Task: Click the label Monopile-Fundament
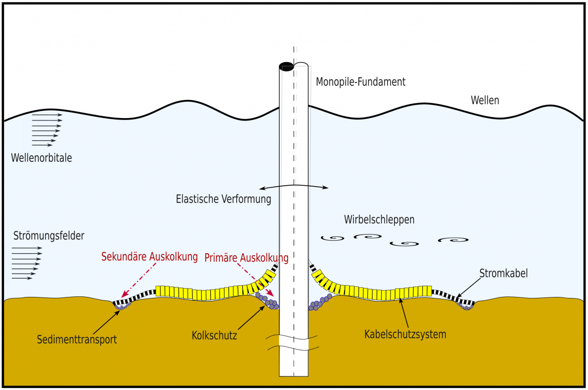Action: (x=361, y=82)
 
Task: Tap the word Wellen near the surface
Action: (x=485, y=100)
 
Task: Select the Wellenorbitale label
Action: (x=41, y=158)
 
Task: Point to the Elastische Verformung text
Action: (x=223, y=199)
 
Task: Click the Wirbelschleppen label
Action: (x=379, y=219)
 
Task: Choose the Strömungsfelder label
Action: (x=49, y=236)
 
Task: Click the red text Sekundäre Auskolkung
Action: (x=149, y=256)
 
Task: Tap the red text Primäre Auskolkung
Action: (x=246, y=257)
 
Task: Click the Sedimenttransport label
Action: (x=77, y=339)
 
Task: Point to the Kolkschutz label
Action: (x=214, y=336)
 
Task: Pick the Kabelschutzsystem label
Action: (x=405, y=335)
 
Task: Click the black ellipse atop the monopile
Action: (x=286, y=66)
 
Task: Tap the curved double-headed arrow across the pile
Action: (x=294, y=187)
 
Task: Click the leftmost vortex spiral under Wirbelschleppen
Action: (x=333, y=239)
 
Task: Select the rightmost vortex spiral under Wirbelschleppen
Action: (x=453, y=240)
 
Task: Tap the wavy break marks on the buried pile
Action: (x=294, y=343)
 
